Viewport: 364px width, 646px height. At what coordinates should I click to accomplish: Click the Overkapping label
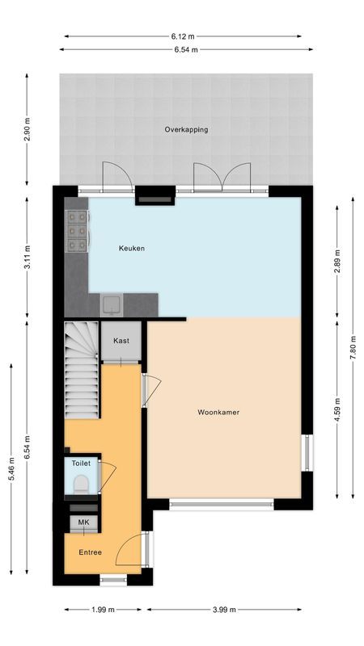(185, 129)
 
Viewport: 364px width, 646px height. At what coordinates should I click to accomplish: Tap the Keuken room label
(131, 248)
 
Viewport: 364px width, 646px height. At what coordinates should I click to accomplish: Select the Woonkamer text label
(218, 412)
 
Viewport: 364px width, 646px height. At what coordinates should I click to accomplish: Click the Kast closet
(121, 342)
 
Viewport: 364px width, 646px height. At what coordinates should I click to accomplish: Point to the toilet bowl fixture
(80, 483)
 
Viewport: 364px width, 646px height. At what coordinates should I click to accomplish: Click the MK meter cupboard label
(83, 523)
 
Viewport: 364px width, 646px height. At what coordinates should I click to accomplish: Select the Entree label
(90, 552)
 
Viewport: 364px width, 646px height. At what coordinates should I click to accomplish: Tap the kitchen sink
(111, 305)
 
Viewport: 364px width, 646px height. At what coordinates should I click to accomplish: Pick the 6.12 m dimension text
(183, 36)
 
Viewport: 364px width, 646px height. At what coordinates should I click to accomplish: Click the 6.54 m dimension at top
(186, 49)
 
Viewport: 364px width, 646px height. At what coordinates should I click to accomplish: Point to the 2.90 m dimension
(28, 130)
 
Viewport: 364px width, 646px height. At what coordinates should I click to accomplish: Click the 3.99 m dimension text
(225, 610)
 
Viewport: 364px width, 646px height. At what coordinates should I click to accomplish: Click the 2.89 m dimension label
(337, 262)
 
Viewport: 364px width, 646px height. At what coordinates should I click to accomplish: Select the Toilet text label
(80, 464)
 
